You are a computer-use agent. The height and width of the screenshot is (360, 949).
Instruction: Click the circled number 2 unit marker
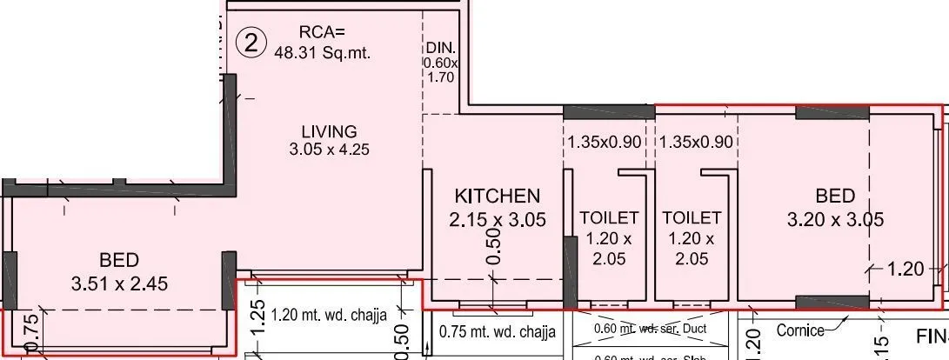click(x=251, y=43)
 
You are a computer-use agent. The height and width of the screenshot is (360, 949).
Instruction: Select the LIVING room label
click(x=329, y=131)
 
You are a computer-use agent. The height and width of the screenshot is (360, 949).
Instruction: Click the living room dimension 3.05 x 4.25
click(x=330, y=150)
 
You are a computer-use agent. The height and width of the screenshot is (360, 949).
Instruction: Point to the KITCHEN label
click(x=498, y=196)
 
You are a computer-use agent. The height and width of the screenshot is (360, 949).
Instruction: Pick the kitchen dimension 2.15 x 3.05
click(x=498, y=220)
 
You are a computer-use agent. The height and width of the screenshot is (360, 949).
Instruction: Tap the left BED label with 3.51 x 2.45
click(x=119, y=259)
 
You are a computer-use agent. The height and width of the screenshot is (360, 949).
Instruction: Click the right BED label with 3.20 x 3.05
click(x=835, y=196)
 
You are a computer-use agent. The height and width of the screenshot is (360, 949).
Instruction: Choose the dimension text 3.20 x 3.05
click(x=835, y=220)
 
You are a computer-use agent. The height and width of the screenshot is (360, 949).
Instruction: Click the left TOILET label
click(x=609, y=217)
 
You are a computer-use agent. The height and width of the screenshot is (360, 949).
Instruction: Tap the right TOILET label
click(x=692, y=217)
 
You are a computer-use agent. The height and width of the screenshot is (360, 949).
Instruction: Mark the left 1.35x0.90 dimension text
click(x=605, y=142)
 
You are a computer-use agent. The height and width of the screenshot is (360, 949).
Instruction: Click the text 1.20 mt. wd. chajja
click(x=330, y=315)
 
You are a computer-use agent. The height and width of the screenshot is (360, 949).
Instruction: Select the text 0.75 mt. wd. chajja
click(x=497, y=330)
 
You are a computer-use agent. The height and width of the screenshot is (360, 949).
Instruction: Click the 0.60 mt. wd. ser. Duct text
click(x=651, y=329)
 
